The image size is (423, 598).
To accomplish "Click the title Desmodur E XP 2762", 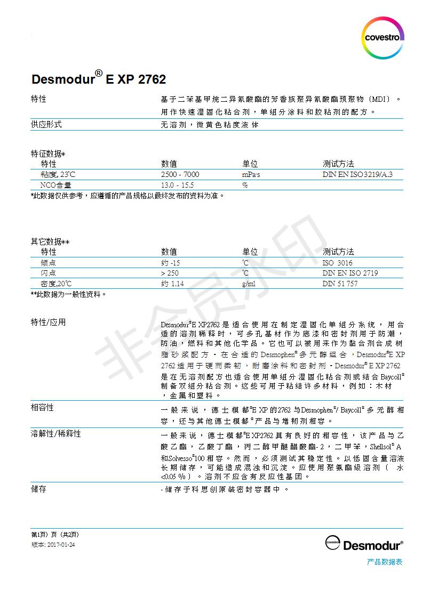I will (99, 79).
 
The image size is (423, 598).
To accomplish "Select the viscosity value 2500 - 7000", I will (180, 174).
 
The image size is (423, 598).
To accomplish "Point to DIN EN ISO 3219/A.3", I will (361, 174).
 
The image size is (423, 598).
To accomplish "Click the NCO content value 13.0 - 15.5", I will (178, 185).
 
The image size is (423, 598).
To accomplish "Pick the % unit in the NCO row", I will (245, 185).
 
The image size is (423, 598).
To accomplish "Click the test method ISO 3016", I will (337, 263).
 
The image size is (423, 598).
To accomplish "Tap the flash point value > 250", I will (170, 273).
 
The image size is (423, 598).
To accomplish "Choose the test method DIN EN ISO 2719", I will (350, 273).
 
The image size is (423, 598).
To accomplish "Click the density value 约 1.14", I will (172, 284).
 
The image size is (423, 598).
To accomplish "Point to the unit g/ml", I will (249, 284).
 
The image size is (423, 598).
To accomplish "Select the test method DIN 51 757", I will (340, 284).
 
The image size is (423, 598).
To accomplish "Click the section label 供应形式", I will (46, 124).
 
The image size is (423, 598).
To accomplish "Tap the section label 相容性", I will (42, 408).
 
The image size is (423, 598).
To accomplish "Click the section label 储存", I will (38, 489).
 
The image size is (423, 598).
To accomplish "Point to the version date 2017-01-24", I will (62, 545).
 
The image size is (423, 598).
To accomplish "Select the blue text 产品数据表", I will (385, 562).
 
